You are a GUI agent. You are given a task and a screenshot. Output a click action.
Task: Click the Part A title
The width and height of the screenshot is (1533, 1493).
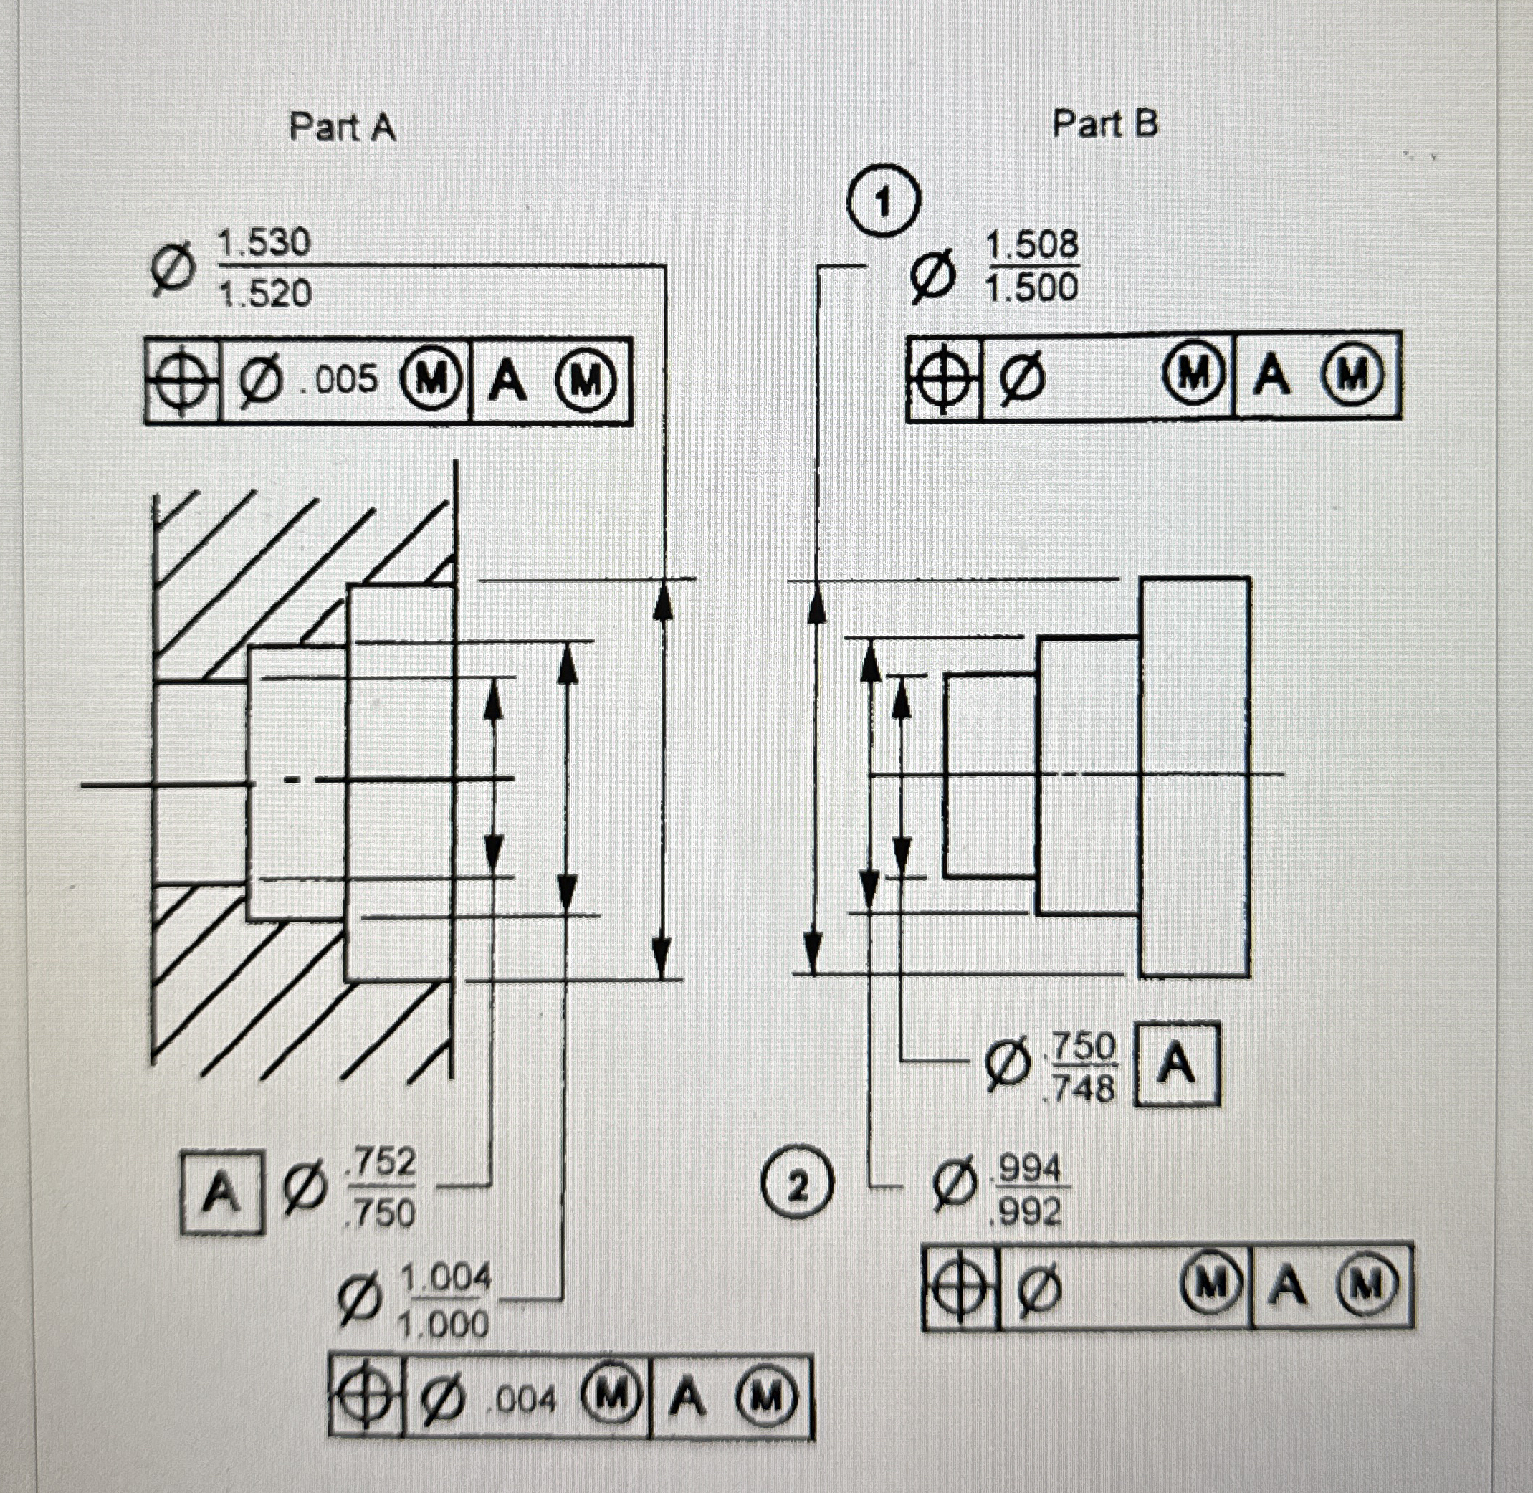pos(343,127)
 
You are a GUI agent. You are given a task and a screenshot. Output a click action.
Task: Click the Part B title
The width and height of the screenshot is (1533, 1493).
pos(1104,124)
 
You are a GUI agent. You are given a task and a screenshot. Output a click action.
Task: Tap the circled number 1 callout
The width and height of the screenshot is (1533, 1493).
pos(883,202)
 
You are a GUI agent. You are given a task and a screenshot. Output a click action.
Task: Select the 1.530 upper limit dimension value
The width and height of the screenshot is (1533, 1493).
pos(264,243)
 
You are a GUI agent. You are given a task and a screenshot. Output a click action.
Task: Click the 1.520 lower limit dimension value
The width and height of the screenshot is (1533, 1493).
pos(265,294)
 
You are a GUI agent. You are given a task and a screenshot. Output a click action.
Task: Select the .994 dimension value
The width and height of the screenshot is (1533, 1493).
pos(1026,1170)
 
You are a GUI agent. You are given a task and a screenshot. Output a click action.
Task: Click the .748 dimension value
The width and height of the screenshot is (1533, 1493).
pos(1082,1087)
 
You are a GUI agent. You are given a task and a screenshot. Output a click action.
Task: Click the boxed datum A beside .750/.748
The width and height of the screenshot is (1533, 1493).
pos(1177,1065)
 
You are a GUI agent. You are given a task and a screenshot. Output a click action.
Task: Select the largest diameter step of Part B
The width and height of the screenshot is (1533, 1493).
pos(1194,776)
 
